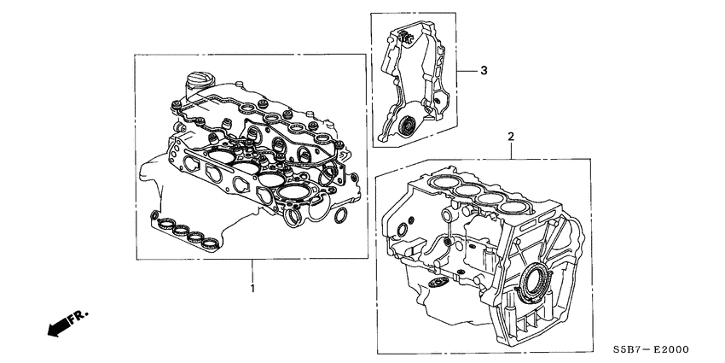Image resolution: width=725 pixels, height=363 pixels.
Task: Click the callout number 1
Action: (252, 289)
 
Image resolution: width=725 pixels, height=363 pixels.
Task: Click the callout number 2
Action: (511, 137)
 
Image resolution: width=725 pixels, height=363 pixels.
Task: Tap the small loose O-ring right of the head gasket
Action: (339, 216)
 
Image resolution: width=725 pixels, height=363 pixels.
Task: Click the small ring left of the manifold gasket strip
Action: (152, 214)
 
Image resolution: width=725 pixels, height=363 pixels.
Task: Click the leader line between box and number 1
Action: (252, 271)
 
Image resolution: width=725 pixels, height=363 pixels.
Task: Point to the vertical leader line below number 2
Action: (511, 150)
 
